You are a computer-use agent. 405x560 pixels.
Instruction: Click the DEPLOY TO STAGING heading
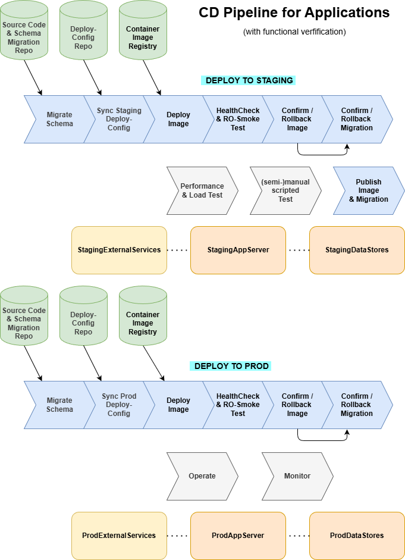(x=250, y=80)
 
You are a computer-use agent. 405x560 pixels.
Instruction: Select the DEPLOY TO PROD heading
(x=232, y=366)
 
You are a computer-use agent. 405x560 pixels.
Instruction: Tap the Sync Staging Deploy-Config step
(x=119, y=119)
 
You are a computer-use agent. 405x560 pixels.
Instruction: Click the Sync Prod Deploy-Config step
(x=119, y=405)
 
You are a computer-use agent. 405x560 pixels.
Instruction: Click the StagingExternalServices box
(x=119, y=250)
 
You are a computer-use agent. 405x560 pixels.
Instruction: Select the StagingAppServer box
(x=238, y=250)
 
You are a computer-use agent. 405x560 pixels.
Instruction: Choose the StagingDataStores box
(x=357, y=250)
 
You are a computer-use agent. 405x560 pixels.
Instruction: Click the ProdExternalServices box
(x=119, y=536)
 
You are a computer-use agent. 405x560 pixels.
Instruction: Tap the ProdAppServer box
(x=238, y=536)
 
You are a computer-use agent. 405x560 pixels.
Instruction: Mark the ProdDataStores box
(x=357, y=536)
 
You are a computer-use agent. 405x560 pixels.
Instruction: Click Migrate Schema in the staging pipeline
(x=59, y=119)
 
